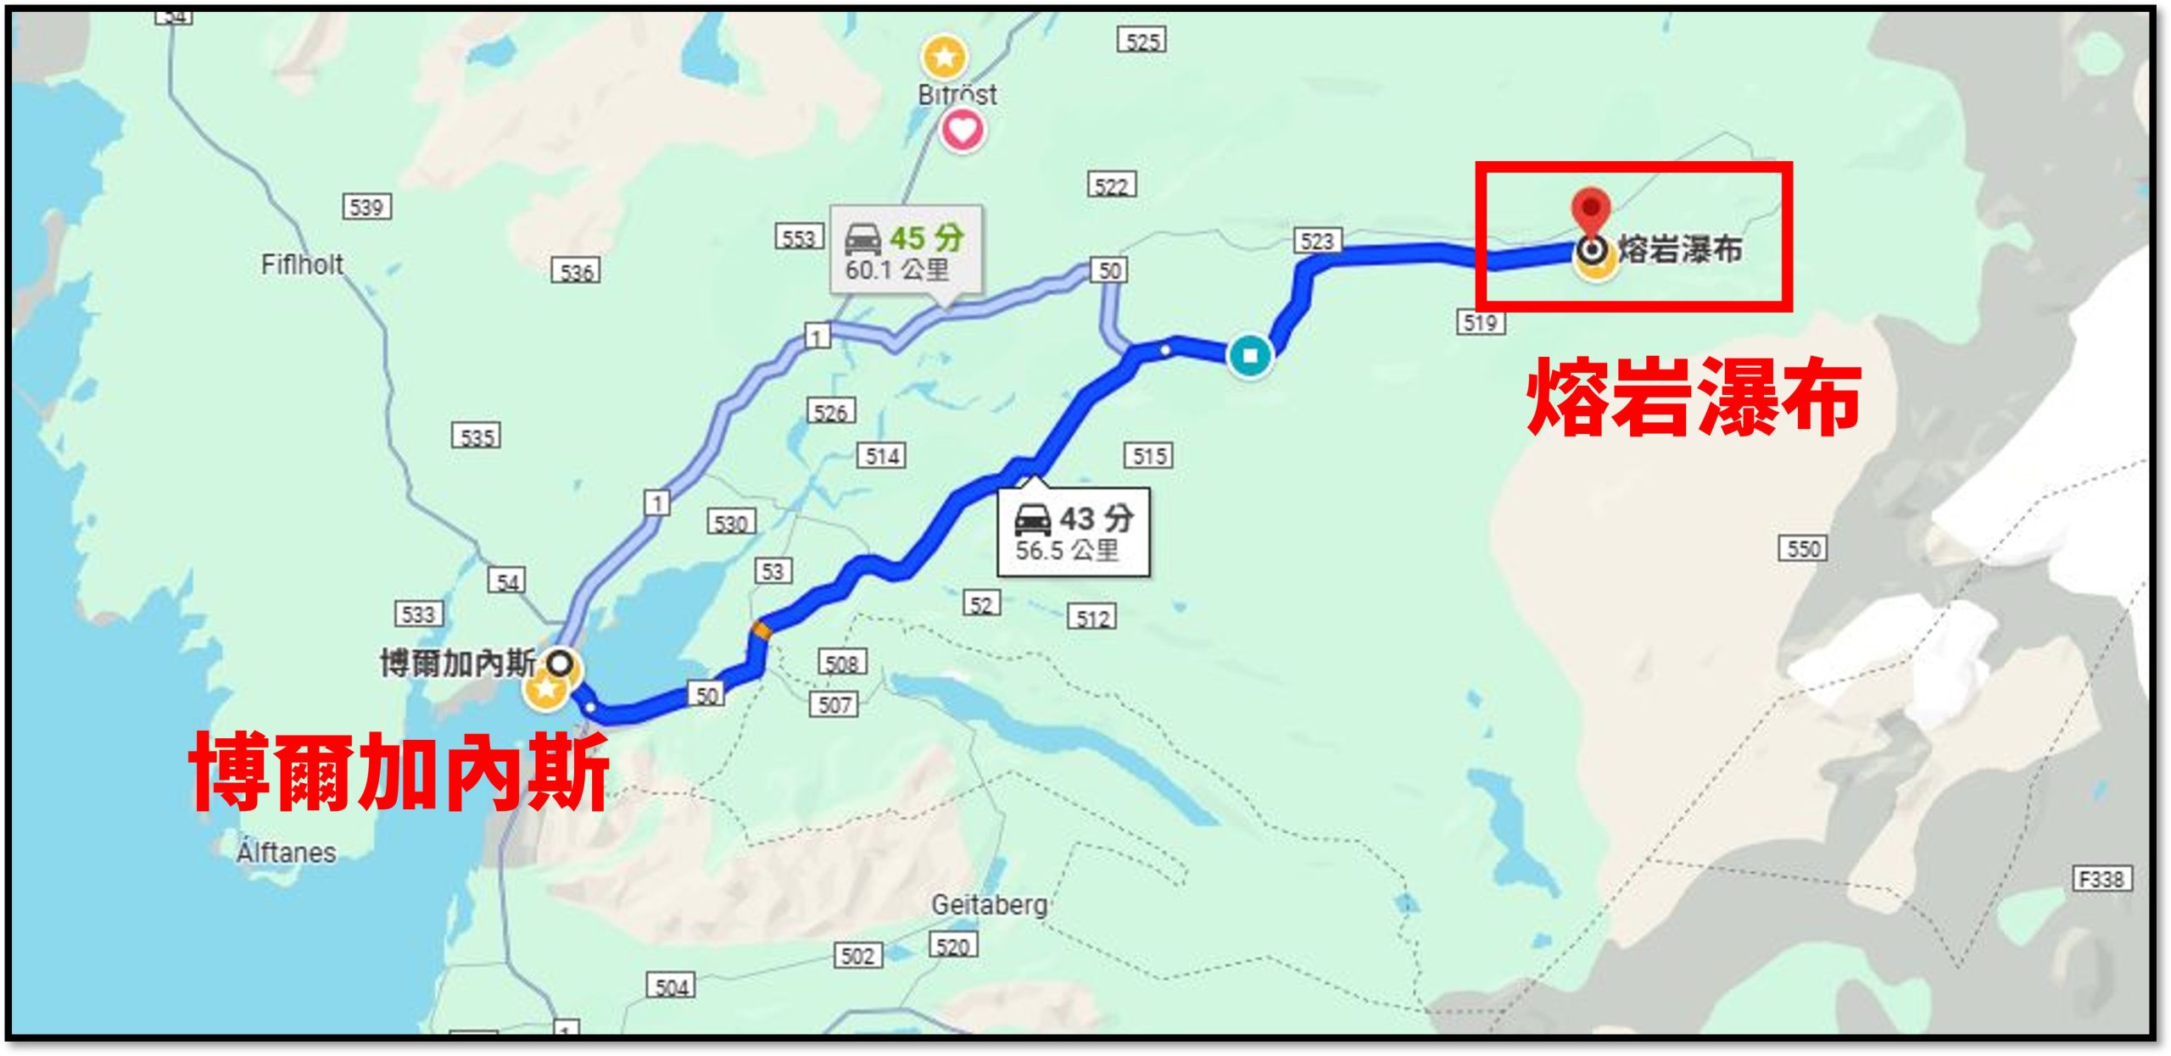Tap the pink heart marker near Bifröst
point(962,130)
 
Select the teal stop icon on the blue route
point(1249,355)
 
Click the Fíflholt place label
point(302,265)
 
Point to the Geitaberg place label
point(989,905)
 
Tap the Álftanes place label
point(286,852)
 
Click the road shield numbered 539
point(366,207)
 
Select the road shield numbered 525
point(1141,41)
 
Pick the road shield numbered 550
point(1802,548)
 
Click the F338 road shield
point(2101,879)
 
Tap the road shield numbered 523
point(1317,242)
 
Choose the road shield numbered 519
point(1481,322)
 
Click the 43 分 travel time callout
point(1074,532)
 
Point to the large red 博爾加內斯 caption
point(399,770)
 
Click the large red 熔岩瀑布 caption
point(1694,397)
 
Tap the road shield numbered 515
point(1149,456)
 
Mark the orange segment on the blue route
point(762,630)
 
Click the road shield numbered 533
point(418,614)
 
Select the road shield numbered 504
point(672,987)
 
